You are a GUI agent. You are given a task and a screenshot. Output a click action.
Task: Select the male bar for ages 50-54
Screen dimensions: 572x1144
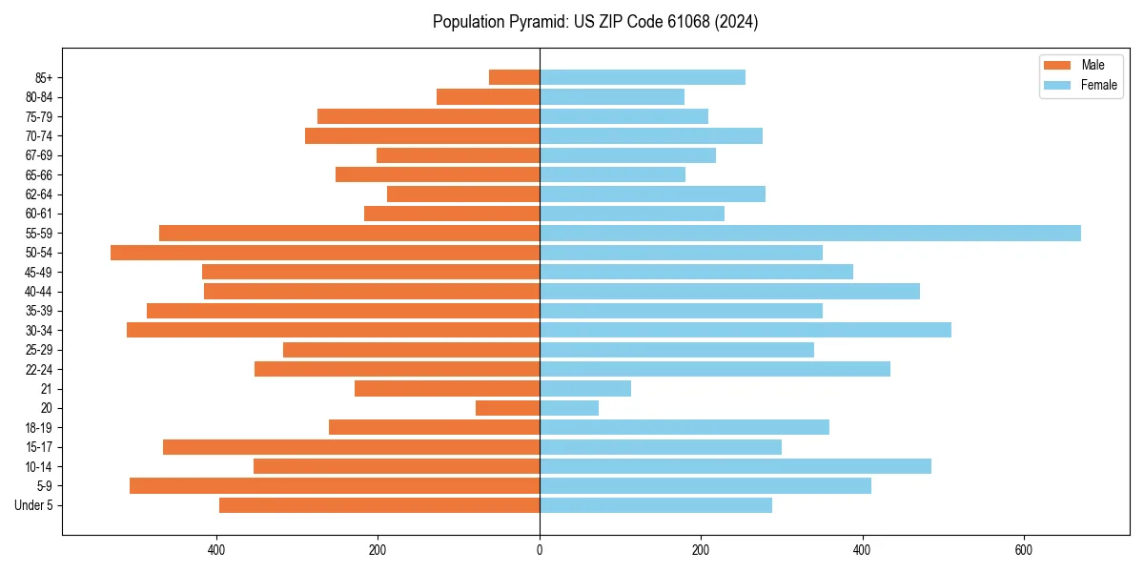tap(325, 253)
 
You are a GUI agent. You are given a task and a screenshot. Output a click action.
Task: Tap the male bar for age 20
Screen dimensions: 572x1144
tap(507, 408)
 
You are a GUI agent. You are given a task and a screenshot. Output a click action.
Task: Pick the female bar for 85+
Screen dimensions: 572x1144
tap(643, 77)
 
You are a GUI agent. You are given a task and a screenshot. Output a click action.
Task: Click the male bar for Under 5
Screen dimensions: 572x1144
tap(379, 505)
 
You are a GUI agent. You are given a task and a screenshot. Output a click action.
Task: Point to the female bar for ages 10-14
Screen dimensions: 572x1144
tap(735, 466)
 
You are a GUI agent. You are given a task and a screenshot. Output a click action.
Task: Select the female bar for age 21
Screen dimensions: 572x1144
tap(585, 388)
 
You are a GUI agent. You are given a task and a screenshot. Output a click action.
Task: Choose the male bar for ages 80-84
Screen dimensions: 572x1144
tap(488, 96)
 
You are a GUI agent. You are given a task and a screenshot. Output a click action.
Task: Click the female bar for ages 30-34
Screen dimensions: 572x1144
tap(746, 330)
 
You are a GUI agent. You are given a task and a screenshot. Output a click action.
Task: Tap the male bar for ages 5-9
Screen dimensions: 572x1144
tap(335, 485)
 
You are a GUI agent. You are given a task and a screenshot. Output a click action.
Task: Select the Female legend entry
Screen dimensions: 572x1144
tap(1080, 85)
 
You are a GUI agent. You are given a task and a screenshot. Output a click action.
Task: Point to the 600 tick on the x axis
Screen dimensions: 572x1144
tap(1023, 550)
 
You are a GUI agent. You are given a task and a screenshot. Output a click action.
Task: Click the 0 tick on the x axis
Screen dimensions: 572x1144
tap(540, 550)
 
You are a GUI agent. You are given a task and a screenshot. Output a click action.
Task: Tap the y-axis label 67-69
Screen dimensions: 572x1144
tap(39, 155)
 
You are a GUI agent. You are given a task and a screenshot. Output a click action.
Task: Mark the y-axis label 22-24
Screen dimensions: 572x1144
tap(39, 369)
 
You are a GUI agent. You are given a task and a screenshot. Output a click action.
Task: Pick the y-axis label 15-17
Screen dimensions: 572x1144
tap(39, 447)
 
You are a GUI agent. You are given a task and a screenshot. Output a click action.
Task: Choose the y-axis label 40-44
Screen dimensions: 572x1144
tap(39, 291)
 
